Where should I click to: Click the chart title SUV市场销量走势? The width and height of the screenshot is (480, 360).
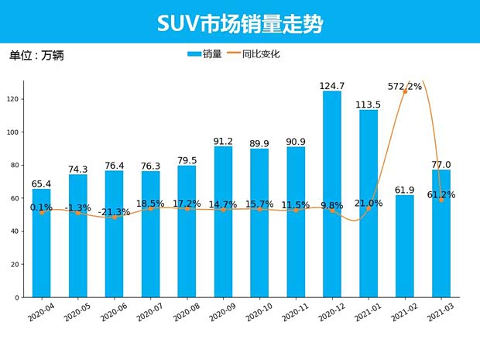tap(240, 22)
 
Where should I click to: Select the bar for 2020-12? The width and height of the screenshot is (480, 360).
tap(332, 194)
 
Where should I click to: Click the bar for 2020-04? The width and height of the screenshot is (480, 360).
tap(42, 243)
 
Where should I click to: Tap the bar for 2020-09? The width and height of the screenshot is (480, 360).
tap(223, 221)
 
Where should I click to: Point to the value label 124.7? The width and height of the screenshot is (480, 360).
tap(332, 85)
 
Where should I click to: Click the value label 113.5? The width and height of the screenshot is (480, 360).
tap(369, 105)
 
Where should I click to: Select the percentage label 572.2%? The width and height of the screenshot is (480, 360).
tap(405, 87)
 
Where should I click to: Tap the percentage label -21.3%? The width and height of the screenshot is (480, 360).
tap(115, 212)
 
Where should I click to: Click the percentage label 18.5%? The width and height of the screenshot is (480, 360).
tap(151, 203)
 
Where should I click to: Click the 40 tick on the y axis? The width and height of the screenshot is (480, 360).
tap(15, 231)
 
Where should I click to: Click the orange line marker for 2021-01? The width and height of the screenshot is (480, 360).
tap(369, 208)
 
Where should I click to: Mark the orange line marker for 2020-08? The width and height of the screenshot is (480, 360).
tap(187, 208)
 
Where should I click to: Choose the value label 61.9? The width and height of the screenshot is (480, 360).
tap(405, 190)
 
